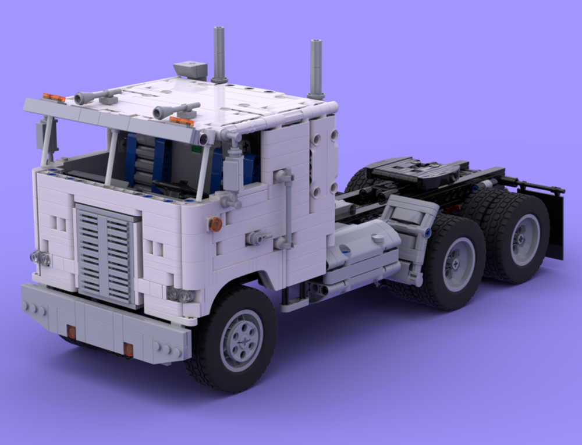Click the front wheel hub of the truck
241,340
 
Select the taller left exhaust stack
219,54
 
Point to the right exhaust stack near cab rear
316,69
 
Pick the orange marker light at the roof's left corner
54,98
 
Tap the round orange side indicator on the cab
215,224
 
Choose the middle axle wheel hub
458,263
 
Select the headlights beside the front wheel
180,295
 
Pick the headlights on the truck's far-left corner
40,258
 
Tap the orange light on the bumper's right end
128,349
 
